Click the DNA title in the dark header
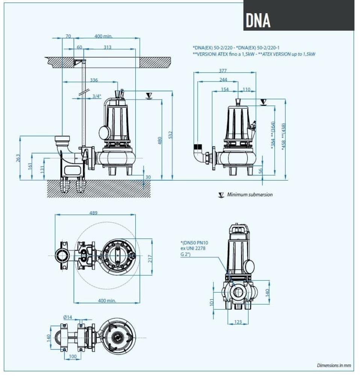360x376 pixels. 258,20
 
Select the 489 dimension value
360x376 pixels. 94,213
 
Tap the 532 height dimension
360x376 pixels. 170,135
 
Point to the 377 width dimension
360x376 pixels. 222,70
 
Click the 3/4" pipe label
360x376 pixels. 97,96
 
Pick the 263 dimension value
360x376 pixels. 18,158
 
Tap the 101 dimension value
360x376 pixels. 212,302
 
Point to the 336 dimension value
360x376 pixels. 94,80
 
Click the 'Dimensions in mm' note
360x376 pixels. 334,365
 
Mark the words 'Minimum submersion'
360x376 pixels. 250,195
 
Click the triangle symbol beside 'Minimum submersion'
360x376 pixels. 221,195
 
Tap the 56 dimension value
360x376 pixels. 261,171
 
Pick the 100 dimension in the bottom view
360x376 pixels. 73,356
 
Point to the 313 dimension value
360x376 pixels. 107,47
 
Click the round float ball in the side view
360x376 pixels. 104,132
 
